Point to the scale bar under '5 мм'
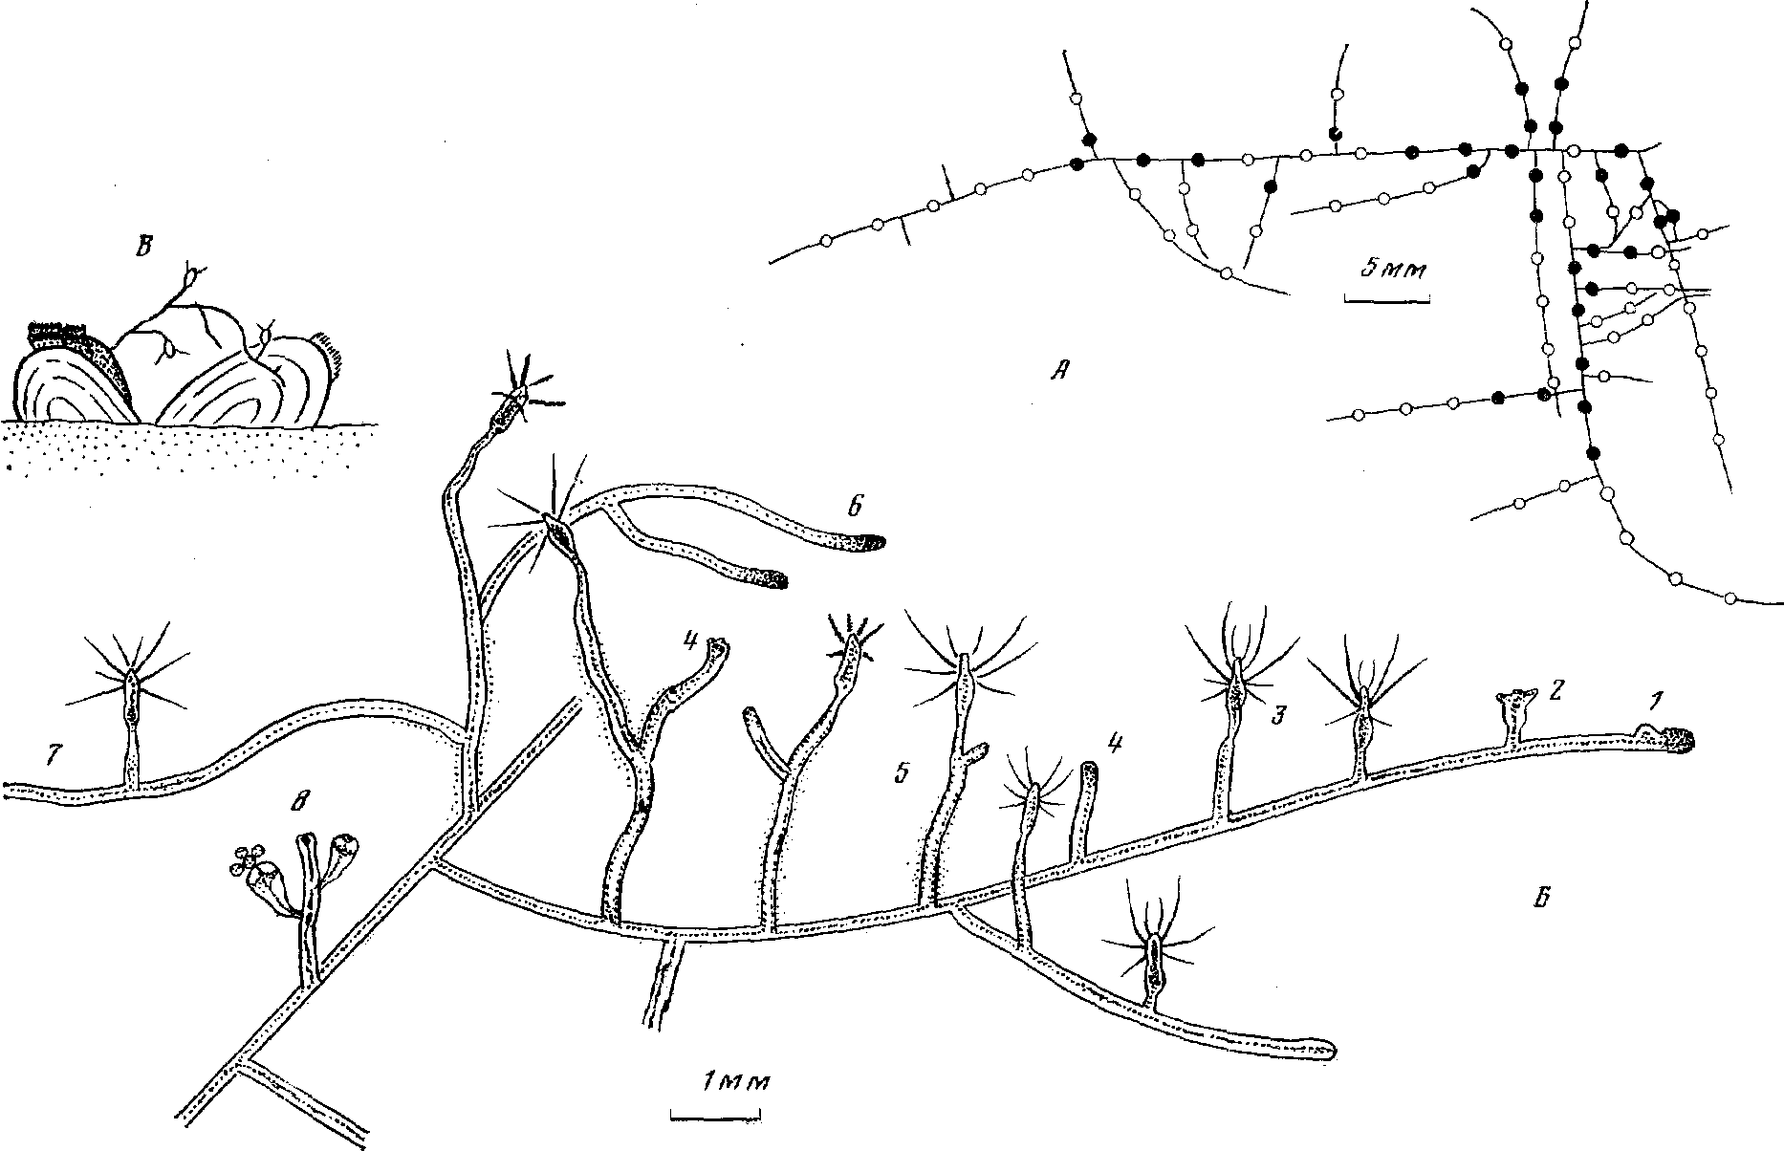(x=1386, y=299)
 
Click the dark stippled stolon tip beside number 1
(x=1677, y=739)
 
